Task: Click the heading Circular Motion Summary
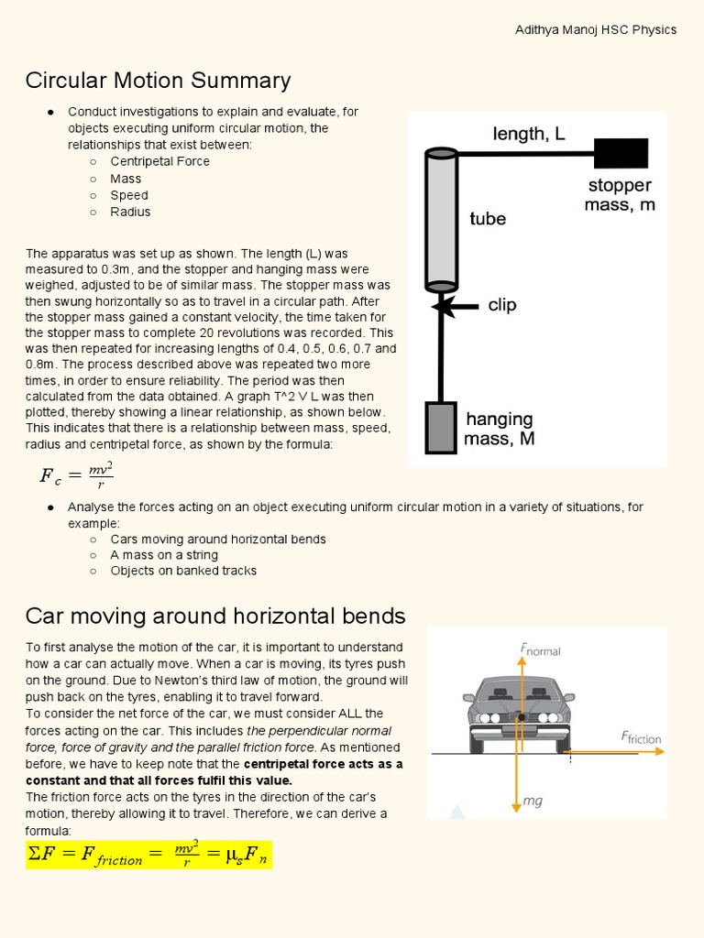(x=158, y=81)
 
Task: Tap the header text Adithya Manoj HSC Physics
(x=596, y=29)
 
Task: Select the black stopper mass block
(x=621, y=153)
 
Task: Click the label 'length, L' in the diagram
(x=529, y=134)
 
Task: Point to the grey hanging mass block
(x=441, y=428)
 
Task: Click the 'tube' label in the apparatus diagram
(x=488, y=219)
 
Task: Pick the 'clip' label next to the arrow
(x=502, y=305)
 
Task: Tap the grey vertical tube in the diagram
(x=441, y=220)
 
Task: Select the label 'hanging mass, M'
(x=500, y=429)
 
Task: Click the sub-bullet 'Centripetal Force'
(x=159, y=161)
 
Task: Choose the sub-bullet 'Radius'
(x=130, y=212)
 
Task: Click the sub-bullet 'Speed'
(x=129, y=195)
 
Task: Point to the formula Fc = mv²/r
(x=76, y=474)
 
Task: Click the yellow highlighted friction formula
(x=148, y=855)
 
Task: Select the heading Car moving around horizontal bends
(x=215, y=615)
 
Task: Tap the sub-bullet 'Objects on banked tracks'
(x=183, y=571)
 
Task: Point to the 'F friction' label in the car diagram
(x=641, y=737)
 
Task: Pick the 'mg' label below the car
(x=533, y=801)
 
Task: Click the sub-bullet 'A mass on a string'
(x=164, y=554)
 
